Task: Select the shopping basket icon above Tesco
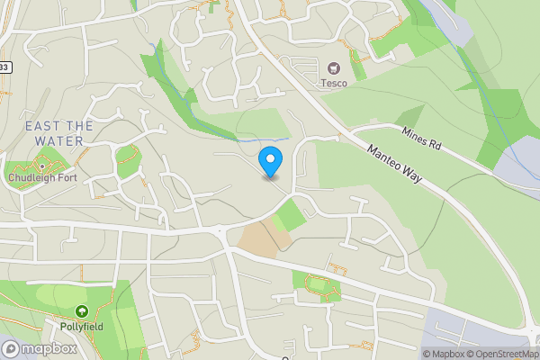tap(335, 67)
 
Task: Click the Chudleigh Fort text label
tap(41, 178)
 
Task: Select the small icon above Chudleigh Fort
tap(41, 166)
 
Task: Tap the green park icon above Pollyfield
tap(82, 311)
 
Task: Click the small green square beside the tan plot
tap(289, 215)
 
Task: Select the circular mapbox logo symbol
tap(10, 348)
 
